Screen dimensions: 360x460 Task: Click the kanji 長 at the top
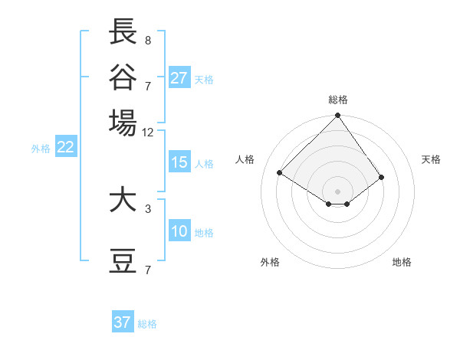coord(123,32)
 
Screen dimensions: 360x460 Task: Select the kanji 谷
coord(123,77)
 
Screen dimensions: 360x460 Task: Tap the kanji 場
coord(123,122)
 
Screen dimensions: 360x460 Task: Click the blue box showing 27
coord(179,78)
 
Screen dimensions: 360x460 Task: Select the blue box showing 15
coord(179,162)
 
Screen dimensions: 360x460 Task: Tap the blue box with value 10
coord(179,232)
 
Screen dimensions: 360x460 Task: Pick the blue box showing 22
coord(65,148)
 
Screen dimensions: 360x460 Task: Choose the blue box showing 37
coord(123,322)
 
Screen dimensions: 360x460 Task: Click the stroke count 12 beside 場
coord(148,133)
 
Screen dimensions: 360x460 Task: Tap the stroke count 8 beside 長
coord(148,41)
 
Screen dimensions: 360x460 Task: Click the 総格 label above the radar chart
coord(338,100)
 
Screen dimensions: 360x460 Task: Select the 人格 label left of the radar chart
coord(245,159)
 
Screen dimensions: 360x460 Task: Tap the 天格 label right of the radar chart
coord(432,159)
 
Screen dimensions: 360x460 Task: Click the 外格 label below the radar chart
coord(270,262)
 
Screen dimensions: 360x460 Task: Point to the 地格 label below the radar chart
coord(402,262)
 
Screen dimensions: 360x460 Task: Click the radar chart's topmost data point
coord(338,116)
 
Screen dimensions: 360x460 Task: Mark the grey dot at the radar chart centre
coord(338,191)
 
